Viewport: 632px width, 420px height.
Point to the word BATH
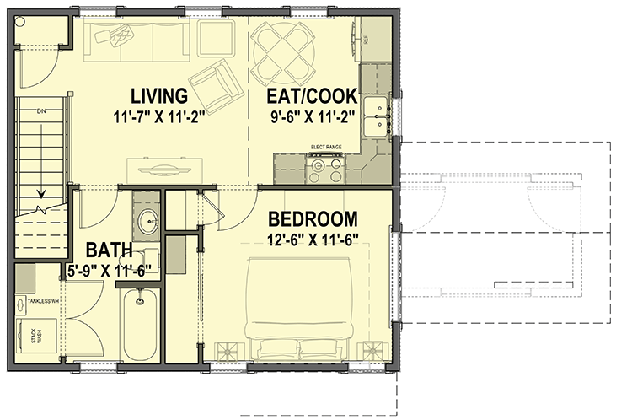pos(109,250)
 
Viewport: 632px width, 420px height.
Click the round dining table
pos(283,48)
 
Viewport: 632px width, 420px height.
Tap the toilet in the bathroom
pos(174,256)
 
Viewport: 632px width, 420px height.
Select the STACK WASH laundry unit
pos(36,335)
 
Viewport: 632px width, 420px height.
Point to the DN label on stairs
pos(40,111)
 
